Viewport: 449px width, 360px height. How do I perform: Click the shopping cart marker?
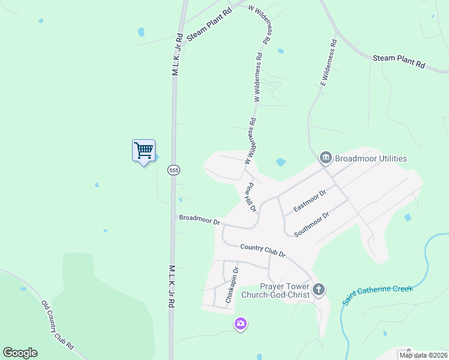[x=143, y=150]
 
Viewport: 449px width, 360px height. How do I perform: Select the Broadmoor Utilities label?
[x=371, y=158]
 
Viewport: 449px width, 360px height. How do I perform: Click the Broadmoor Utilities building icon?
[x=326, y=158]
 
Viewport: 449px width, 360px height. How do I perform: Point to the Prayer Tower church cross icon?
[x=318, y=290]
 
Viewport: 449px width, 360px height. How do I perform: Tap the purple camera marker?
[x=241, y=324]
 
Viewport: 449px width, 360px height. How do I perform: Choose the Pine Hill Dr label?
[x=250, y=197]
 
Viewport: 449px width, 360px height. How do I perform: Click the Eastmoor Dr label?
[x=310, y=200]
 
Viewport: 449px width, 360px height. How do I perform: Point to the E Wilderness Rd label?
[x=327, y=64]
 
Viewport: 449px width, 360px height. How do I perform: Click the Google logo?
[x=20, y=353]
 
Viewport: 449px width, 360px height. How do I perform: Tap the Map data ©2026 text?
[x=423, y=355]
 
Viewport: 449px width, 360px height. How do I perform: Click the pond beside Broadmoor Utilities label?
[x=280, y=161]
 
